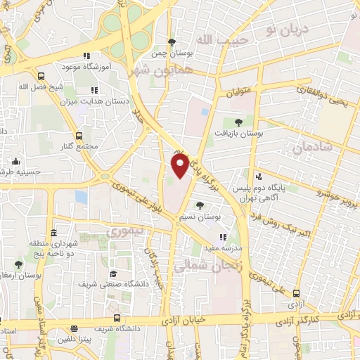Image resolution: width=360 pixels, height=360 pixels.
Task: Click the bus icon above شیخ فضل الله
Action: coord(41,76)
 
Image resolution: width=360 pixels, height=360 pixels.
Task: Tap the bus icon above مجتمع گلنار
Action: coord(79,137)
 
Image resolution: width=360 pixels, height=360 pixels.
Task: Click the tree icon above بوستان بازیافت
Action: coord(247,122)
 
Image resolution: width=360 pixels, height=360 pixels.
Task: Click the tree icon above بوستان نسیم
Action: coord(202,205)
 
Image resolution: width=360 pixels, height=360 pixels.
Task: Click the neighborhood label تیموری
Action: coord(123,231)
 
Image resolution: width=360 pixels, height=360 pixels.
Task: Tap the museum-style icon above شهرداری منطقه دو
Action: coord(54,233)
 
